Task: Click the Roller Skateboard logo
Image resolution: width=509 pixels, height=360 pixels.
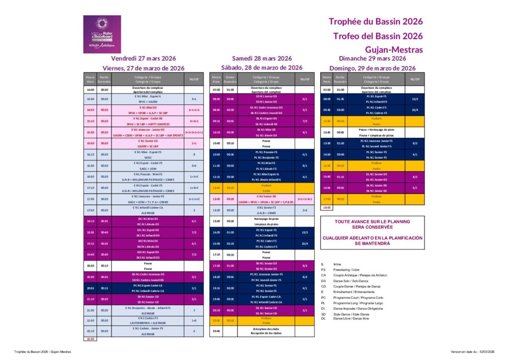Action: click(x=101, y=34)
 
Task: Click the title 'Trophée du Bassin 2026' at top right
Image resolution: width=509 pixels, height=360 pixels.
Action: click(x=375, y=21)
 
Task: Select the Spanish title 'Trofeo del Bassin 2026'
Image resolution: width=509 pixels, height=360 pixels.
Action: click(x=378, y=36)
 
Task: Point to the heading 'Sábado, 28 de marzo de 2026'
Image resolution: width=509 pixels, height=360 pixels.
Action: click(x=261, y=68)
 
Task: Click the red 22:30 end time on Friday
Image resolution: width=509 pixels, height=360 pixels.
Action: click(x=90, y=339)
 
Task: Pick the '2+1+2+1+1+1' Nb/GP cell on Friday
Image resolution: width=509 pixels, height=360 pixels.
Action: click(x=194, y=132)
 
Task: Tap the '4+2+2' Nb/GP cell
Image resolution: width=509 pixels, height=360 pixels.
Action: click(x=194, y=121)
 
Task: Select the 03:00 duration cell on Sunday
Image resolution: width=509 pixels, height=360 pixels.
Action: click(x=340, y=110)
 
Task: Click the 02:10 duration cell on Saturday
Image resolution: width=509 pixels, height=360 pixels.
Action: click(x=230, y=244)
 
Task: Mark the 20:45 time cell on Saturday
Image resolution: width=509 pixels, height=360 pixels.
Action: click(x=216, y=331)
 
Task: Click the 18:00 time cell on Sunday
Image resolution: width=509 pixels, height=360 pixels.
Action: click(x=327, y=207)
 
